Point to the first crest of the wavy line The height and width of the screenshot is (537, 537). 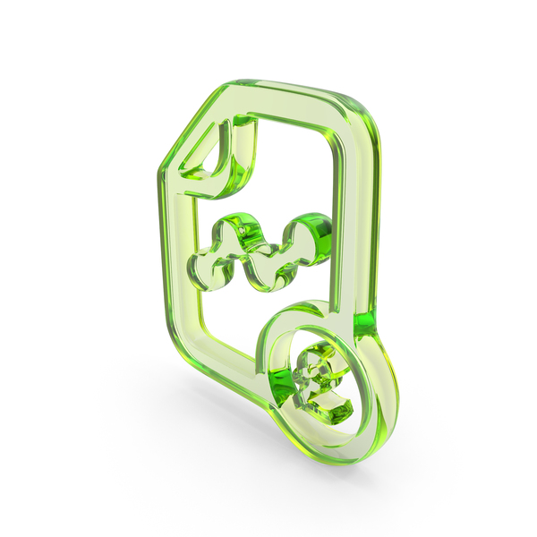point(237,227)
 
